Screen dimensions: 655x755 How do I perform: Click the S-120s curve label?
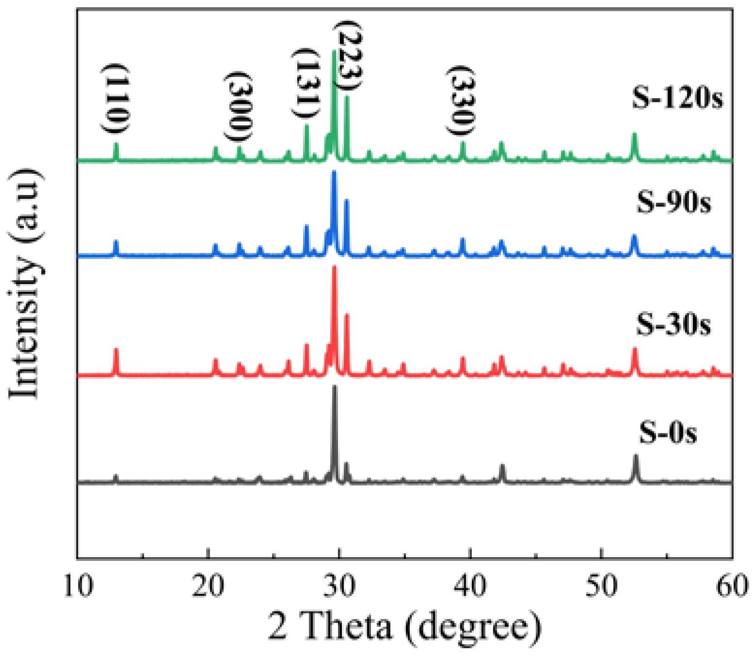tap(677, 97)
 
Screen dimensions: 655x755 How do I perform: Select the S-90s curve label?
tap(674, 202)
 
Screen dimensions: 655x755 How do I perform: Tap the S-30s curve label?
tap(674, 324)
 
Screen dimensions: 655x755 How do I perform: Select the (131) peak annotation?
tap(307, 82)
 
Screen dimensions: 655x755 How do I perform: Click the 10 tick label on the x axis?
tap(78, 585)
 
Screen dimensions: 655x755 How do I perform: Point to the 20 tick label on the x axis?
tap(208, 585)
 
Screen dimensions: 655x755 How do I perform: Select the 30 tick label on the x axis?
tap(339, 585)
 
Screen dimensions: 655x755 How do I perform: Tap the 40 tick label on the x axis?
tap(470, 585)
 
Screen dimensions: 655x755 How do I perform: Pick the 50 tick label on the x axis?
tap(601, 585)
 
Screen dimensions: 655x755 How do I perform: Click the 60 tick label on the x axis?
tap(732, 585)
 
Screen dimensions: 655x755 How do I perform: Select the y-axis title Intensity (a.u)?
tap(24, 284)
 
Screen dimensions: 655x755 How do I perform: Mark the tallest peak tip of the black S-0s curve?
tap(334, 387)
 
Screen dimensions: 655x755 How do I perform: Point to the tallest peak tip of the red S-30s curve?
tap(334, 267)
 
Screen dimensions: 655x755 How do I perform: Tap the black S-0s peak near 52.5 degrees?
tap(635, 456)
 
